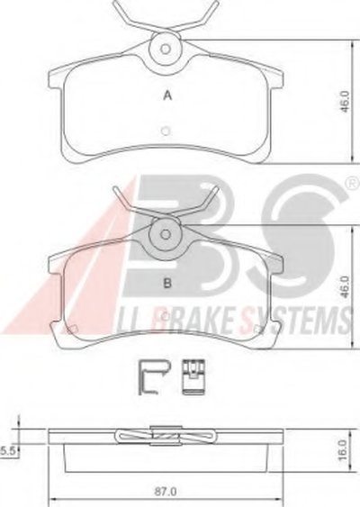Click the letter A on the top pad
coord(167,95)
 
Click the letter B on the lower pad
coord(167,284)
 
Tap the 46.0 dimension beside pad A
coord(345,102)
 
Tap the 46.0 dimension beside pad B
coord(345,286)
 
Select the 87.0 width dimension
coord(166,492)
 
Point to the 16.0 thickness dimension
coord(345,449)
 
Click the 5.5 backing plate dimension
coord(8,450)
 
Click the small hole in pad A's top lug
coord(166,50)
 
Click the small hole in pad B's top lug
coord(166,234)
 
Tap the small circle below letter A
coord(166,131)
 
